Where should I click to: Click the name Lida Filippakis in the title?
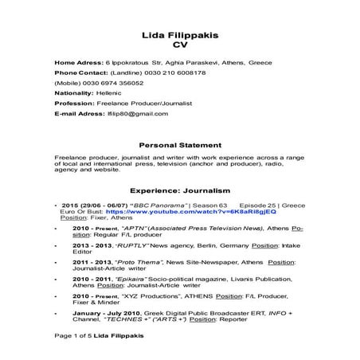point(179,37)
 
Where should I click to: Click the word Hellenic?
point(115,93)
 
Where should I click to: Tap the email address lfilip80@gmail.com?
point(137,114)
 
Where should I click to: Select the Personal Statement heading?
point(179,145)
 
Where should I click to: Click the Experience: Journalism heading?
point(179,191)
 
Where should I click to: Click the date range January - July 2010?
point(102,313)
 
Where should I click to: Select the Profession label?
point(73,104)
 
